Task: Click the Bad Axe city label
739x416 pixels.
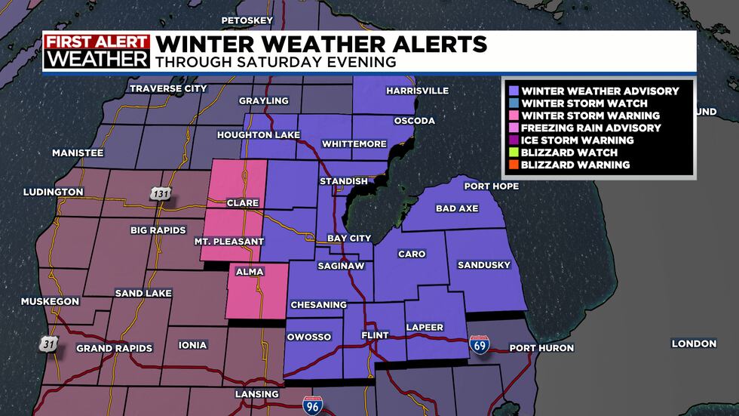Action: pos(457,208)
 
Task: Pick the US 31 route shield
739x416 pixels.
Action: pos(48,344)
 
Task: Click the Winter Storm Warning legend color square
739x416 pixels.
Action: pos(512,116)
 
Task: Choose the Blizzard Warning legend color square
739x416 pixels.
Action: pos(512,165)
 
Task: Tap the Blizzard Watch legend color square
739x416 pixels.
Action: pos(512,153)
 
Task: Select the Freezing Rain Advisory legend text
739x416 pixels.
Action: pos(591,128)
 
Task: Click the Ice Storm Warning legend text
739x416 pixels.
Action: pos(578,140)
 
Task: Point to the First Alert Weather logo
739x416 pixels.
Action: pos(97,51)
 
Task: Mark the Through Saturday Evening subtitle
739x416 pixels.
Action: pos(275,62)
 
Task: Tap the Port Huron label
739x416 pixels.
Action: pos(541,348)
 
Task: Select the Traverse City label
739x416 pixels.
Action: pos(168,89)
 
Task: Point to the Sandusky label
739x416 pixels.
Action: pos(483,265)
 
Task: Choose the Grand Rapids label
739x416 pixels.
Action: pos(115,349)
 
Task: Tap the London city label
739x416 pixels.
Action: pos(694,344)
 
